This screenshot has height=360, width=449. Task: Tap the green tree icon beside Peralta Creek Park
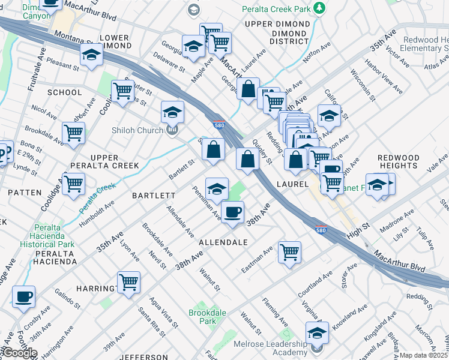(x=320, y=8)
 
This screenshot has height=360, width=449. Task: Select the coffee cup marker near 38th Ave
(x=232, y=212)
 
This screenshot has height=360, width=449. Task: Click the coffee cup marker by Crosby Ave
(x=23, y=296)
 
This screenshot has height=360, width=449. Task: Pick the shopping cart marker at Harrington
(x=128, y=282)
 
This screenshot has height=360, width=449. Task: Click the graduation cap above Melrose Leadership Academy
(x=317, y=332)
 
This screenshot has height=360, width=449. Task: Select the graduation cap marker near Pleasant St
(x=91, y=56)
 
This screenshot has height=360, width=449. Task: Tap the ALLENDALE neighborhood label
(x=223, y=242)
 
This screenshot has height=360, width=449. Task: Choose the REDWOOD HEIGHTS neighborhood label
(x=398, y=161)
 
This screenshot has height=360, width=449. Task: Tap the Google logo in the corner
(x=20, y=353)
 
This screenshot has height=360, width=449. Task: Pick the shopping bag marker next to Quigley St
(x=247, y=160)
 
